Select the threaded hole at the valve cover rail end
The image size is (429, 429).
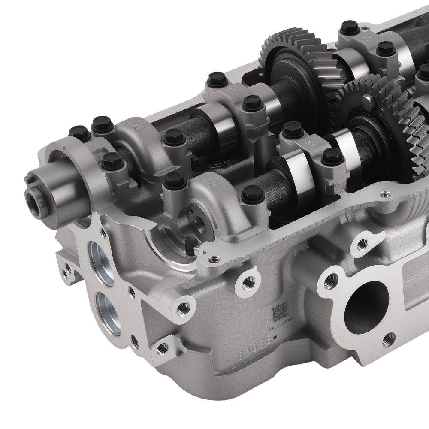211,259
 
